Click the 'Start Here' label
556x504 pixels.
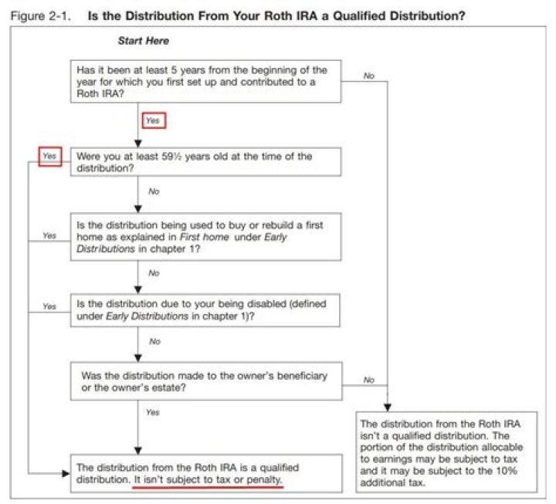pyautogui.click(x=143, y=40)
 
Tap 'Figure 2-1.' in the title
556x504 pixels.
pyautogui.click(x=39, y=15)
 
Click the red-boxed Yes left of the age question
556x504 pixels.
pyautogui.click(x=50, y=155)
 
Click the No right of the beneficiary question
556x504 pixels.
pyautogui.click(x=368, y=380)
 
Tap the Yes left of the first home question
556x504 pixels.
pyautogui.click(x=50, y=235)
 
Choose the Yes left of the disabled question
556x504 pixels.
pyautogui.click(x=50, y=306)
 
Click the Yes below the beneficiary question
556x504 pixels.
pyautogui.click(x=153, y=412)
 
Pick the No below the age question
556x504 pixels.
pyautogui.click(x=154, y=191)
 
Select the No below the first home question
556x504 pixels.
pyautogui.click(x=154, y=272)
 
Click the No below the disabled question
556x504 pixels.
pyautogui.click(x=154, y=340)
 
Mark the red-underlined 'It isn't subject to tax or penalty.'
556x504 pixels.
pyautogui.click(x=208, y=479)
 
